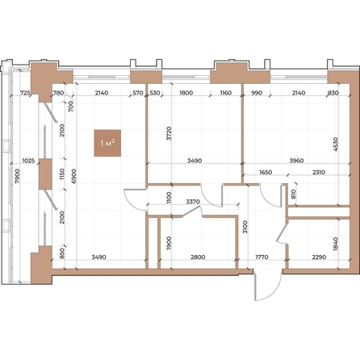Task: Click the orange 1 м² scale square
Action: [107, 144]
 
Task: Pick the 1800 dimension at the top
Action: [186, 94]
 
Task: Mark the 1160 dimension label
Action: [225, 94]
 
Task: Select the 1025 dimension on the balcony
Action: [27, 159]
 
